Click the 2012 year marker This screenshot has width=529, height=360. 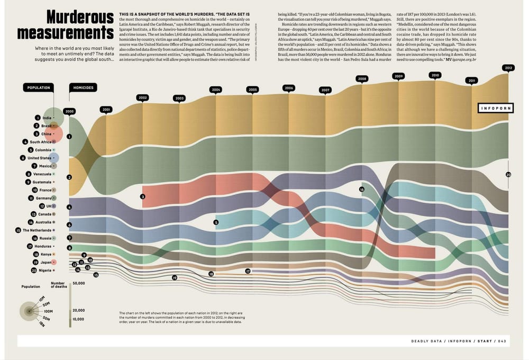[508, 68]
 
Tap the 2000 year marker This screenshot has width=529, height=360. [69, 111]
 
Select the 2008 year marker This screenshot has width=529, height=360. [362, 79]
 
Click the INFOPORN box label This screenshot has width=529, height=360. [495, 108]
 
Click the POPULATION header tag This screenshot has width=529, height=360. [39, 87]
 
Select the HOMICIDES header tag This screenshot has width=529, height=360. [83, 87]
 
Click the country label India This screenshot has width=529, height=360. [47, 118]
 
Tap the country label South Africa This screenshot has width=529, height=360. [40, 142]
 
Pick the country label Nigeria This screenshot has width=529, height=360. [45, 270]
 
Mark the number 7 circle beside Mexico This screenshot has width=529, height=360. [34, 166]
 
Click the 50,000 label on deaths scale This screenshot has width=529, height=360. [78, 283]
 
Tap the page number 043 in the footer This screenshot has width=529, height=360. [502, 341]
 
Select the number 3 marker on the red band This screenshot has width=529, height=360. [143, 196]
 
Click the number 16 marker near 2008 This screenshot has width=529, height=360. [362, 189]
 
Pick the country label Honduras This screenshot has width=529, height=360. [42, 246]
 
